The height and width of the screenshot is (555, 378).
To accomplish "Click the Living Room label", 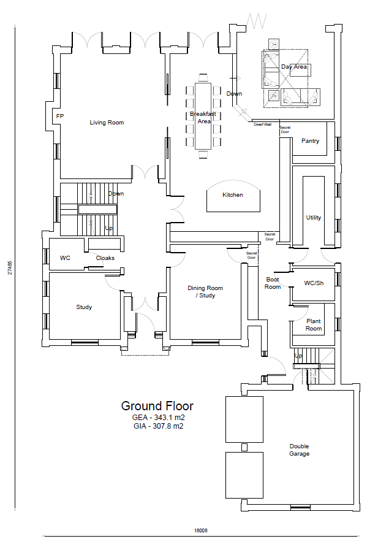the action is coord(107,123).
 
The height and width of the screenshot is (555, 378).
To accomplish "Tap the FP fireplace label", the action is coord(60,116).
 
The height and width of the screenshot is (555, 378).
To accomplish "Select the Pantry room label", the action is coord(310,141).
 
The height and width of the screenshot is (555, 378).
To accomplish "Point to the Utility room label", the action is coord(313,217).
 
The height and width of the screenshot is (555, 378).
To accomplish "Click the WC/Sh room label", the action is coord(314,283).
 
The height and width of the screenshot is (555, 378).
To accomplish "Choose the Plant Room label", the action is coord(314,324).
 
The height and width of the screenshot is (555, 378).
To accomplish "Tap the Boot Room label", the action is coord(273,283).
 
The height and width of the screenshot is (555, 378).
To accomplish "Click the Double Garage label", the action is coord(299,450).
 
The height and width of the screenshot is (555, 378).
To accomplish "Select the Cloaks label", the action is coord(105,258).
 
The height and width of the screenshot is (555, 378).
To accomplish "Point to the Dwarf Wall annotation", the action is coord(262,124).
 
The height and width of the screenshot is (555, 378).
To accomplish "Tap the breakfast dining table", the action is coord(203,116).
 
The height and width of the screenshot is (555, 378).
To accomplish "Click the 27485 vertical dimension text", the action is coord(10,268).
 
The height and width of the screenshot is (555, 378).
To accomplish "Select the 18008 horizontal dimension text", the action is coord(201,530).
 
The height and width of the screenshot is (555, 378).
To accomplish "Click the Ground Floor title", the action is coord(157,406).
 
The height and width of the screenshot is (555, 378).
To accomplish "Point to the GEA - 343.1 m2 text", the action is coord(159,417).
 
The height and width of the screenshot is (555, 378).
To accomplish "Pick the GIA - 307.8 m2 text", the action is coord(159,426).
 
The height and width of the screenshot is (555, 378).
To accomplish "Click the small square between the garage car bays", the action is coord(244,448).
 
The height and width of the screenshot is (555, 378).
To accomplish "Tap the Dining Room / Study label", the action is coord(205,292).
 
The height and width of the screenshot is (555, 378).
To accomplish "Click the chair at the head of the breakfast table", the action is coord(203,78).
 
